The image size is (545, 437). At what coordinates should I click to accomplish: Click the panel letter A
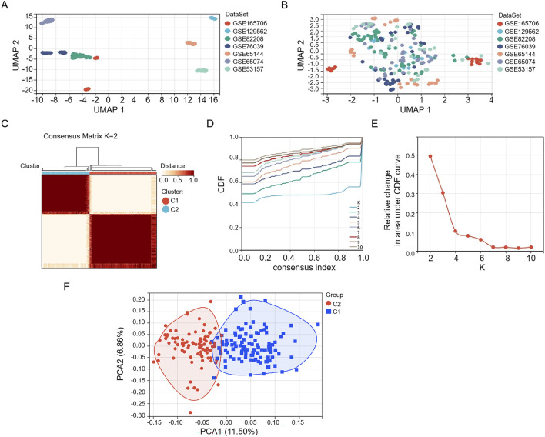[6, 6]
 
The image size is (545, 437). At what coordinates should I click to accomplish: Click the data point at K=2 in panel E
[430, 156]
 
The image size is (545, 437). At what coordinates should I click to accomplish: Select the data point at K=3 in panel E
[443, 193]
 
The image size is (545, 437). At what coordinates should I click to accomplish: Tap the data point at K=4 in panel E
[456, 232]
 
